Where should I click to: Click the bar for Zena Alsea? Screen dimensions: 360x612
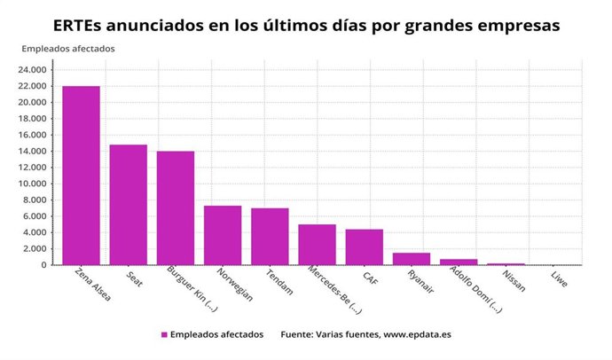click(81, 176)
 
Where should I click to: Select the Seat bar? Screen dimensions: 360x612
click(128, 205)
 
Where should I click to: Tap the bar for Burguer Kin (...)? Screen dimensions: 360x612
click(176, 208)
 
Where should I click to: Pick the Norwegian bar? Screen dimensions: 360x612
click(223, 235)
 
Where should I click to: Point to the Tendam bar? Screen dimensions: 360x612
click(270, 237)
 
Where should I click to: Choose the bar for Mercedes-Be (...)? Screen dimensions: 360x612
click(317, 245)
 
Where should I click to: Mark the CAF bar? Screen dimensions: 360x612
click(364, 247)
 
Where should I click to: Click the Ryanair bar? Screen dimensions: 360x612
click(412, 259)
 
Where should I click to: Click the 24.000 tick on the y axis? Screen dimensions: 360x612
click(35, 70)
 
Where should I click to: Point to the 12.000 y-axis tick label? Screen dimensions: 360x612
click(35, 168)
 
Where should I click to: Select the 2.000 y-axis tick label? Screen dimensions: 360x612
click(38, 248)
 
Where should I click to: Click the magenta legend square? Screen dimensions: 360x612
click(164, 335)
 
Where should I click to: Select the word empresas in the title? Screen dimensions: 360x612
click(519, 26)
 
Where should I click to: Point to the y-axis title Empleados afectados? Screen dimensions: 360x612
click(68, 49)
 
